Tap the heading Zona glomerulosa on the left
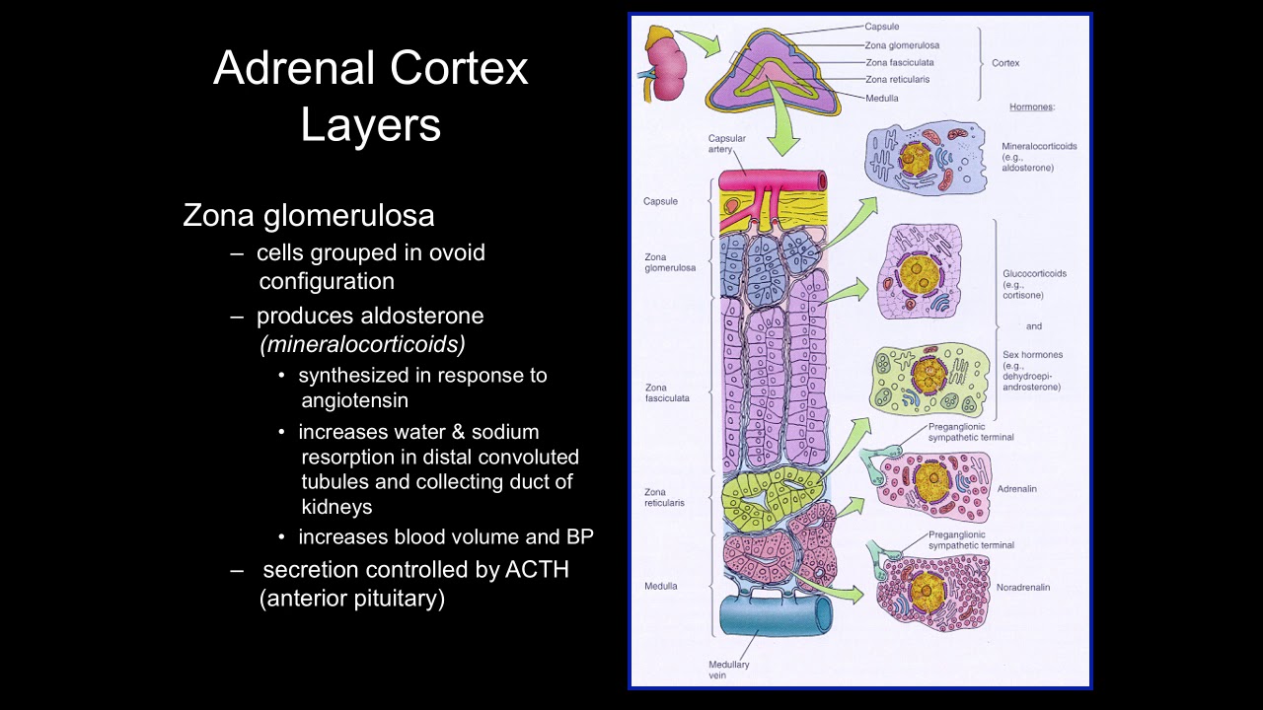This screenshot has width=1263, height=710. pos(308,216)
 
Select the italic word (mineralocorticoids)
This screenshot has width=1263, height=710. pos(363,344)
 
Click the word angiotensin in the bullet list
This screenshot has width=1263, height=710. pos(355,400)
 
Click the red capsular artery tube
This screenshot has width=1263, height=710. pos(773,181)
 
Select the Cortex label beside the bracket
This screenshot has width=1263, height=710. pos(1005,63)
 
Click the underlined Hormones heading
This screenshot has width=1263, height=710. pos(1032,106)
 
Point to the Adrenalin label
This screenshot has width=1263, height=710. pos(1016,489)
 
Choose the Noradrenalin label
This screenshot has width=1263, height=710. pos(1023,588)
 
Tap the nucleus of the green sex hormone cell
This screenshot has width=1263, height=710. pos(928,375)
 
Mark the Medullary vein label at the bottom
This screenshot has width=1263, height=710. pos(729,670)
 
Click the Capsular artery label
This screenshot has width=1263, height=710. pos(726,144)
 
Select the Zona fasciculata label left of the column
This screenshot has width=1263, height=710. pos(667,392)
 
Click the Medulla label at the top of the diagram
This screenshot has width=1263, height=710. pos(881,99)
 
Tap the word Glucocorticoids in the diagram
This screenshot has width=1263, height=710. pos(1034,274)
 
